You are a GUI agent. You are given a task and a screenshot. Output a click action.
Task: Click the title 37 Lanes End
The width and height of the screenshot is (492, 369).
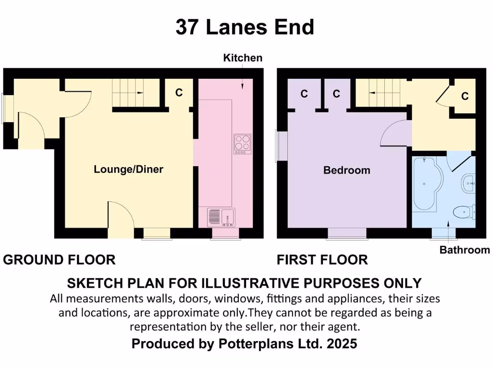[245, 27]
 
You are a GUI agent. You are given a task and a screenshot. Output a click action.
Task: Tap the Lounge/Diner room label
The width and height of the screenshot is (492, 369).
[128, 169]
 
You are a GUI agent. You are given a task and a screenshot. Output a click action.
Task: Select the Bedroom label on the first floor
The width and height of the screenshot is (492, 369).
[346, 170]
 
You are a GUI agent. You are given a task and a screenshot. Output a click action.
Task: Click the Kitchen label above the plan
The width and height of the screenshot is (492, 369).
[243, 58]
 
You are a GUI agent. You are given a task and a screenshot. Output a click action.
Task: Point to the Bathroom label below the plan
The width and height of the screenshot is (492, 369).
[465, 250]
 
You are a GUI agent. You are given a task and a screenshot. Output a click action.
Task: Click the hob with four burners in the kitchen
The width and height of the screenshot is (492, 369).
[242, 144]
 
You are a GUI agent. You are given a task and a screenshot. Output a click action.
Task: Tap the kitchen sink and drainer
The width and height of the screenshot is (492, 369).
[221, 217]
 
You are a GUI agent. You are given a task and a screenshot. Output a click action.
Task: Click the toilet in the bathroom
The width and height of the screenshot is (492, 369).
[466, 211]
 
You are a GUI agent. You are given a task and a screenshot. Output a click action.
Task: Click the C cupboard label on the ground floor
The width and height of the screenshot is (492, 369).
[179, 93]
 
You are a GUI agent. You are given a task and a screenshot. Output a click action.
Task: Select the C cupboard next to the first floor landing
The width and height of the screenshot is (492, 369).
[465, 97]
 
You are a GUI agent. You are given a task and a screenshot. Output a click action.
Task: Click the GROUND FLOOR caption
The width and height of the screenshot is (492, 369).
[59, 260]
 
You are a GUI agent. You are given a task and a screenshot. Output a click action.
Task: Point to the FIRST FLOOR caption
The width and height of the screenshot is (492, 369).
[322, 260]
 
